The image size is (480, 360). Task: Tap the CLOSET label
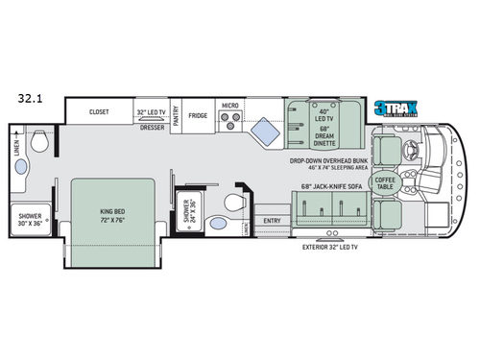(x=99, y=111)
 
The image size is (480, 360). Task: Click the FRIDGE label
(x=198, y=116)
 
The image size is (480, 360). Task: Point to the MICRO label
(x=229, y=105)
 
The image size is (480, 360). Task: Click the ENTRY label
(x=272, y=221)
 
